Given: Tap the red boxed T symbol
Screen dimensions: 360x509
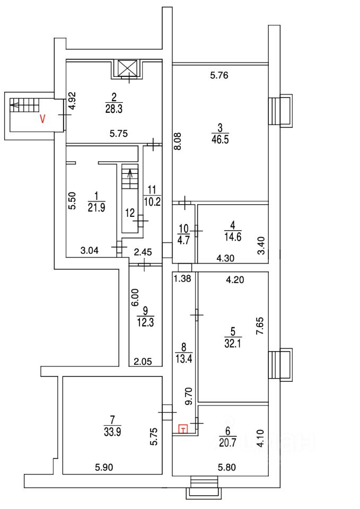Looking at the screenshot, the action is click(183, 429).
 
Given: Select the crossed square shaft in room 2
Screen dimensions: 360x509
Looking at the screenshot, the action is click(128, 67).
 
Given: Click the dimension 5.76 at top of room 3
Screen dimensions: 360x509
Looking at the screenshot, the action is click(218, 75).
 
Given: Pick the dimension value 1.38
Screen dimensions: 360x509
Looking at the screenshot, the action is click(182, 277).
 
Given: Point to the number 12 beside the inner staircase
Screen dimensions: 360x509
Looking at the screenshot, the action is click(129, 213).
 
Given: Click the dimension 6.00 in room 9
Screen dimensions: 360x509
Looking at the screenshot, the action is click(135, 297).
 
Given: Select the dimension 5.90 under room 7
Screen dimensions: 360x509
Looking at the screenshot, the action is click(104, 467).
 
